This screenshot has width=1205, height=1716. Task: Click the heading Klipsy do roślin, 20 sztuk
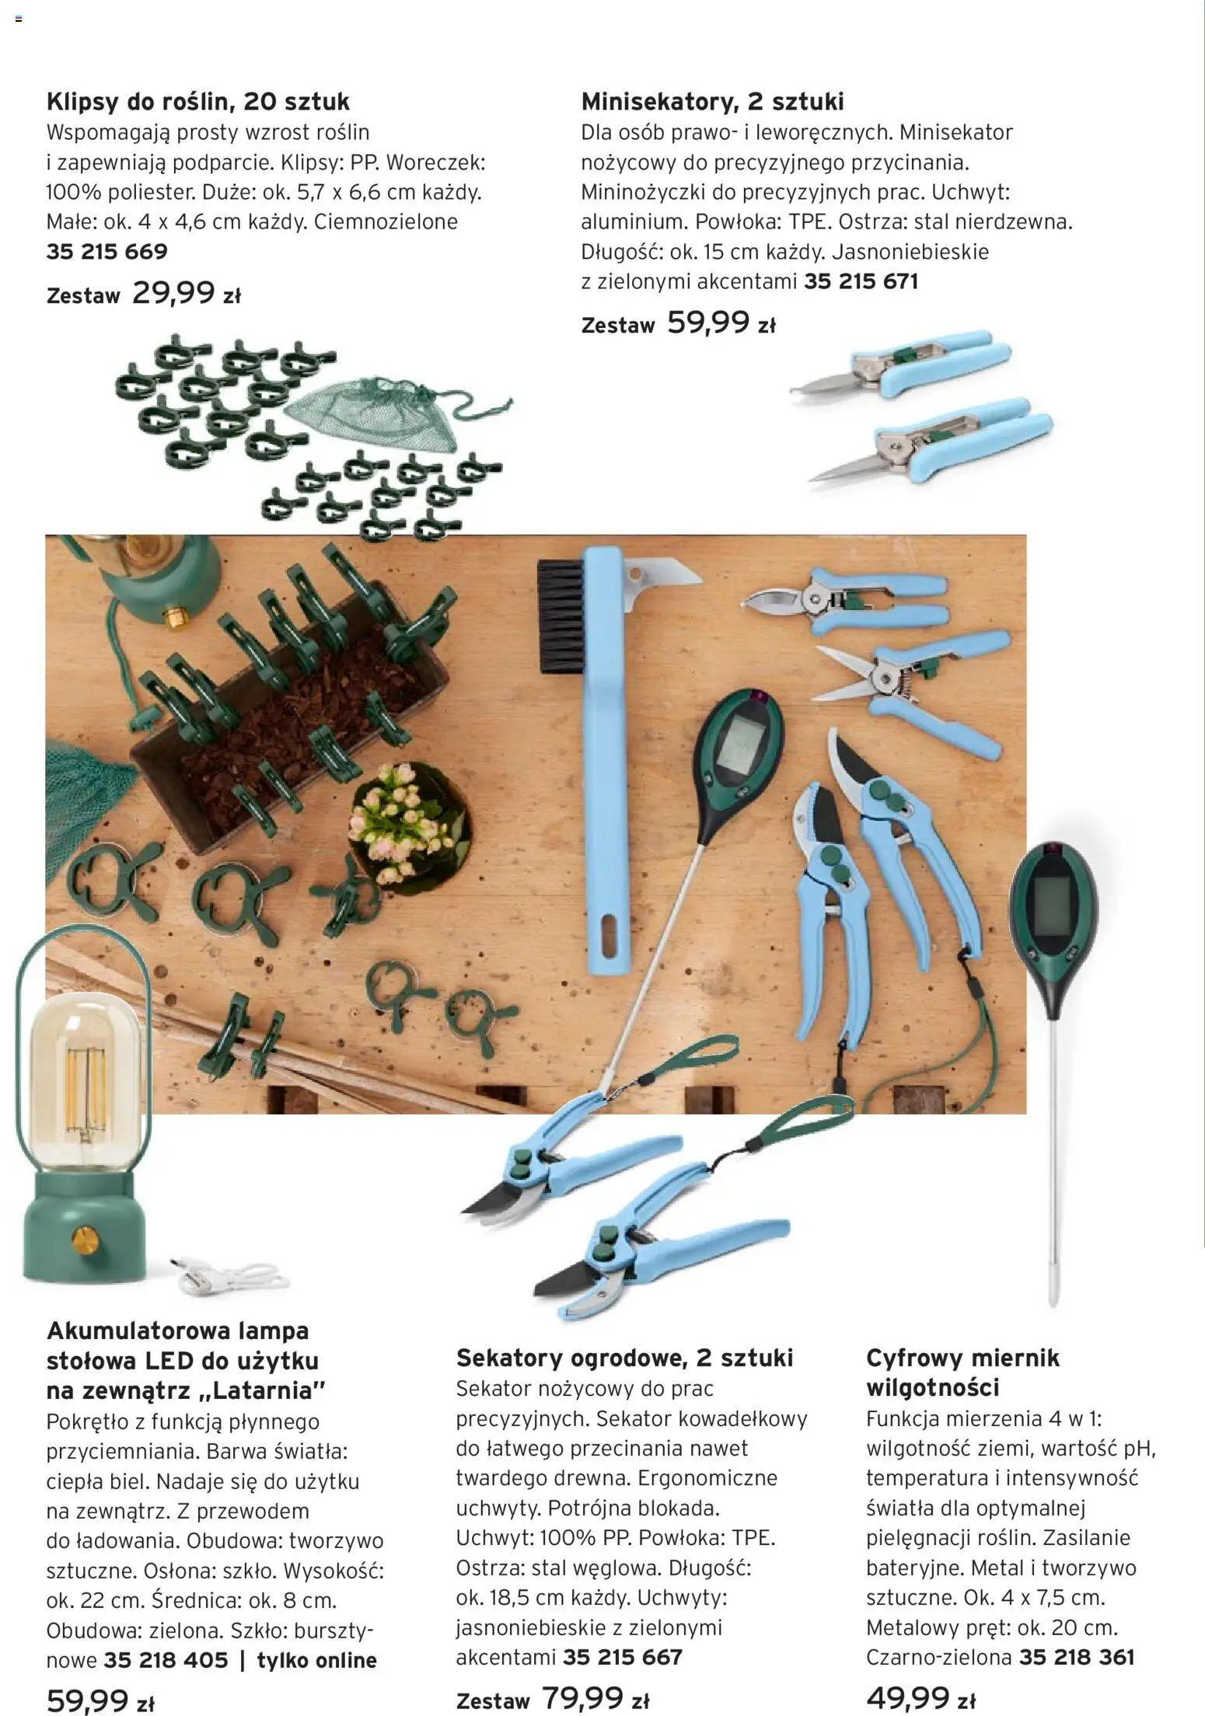[x=198, y=102]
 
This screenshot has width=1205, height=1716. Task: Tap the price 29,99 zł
[x=186, y=294]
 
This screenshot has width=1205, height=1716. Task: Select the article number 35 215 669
[x=107, y=252]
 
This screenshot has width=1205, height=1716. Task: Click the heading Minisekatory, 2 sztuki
[x=712, y=102]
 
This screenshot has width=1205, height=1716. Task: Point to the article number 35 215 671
[x=861, y=281]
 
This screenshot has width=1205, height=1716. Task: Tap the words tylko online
[x=316, y=1660]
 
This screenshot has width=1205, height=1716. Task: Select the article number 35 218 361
[x=1077, y=1657]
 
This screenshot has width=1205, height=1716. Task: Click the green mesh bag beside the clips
[x=373, y=413]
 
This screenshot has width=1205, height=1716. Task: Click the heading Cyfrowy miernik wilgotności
[x=962, y=1372]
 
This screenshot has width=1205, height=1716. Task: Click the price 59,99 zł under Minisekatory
[x=720, y=323]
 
